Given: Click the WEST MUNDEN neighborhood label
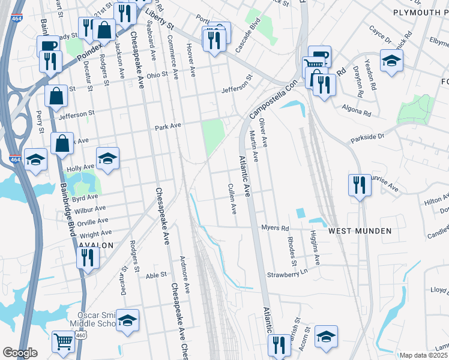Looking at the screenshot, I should click(360, 231).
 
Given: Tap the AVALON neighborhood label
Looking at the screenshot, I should click(95, 245).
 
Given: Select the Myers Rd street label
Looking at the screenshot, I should click(276, 228).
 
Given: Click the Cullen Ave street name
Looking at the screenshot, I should click(232, 199).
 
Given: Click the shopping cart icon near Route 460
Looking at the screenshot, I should click(63, 341).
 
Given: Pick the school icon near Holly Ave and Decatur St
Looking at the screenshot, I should click(108, 158).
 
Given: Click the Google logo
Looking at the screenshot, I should click(20, 353).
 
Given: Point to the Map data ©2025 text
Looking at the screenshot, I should click(424, 355).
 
